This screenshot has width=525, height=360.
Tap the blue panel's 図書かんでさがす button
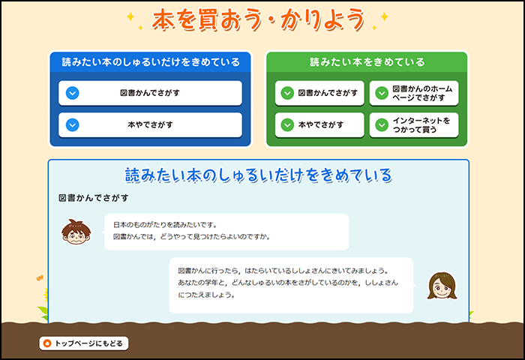(x=150, y=93)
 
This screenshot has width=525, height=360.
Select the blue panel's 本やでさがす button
(x=150, y=125)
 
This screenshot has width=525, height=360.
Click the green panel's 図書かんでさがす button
(x=319, y=93)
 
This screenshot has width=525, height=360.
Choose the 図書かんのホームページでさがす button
(x=414, y=93)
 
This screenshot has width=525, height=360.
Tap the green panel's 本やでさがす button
(x=319, y=125)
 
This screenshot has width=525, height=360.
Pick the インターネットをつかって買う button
(x=414, y=125)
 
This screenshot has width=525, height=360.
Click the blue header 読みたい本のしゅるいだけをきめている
(x=151, y=62)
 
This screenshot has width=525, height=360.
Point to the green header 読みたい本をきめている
(x=367, y=62)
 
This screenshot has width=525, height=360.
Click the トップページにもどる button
(x=84, y=343)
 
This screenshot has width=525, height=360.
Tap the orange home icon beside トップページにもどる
(x=47, y=343)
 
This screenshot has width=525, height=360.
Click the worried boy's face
(x=76, y=232)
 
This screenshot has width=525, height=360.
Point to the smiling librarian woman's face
(x=442, y=286)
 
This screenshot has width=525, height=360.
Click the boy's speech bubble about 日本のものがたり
(x=226, y=232)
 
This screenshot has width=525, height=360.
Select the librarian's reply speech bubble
(x=292, y=285)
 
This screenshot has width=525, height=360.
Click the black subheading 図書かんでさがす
(x=94, y=198)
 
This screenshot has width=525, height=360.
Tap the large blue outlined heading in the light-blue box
(x=259, y=175)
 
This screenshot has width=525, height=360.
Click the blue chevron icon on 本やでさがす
(x=72, y=125)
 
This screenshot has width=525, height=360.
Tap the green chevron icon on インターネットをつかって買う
(x=382, y=125)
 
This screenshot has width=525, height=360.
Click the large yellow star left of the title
(x=130, y=16)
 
